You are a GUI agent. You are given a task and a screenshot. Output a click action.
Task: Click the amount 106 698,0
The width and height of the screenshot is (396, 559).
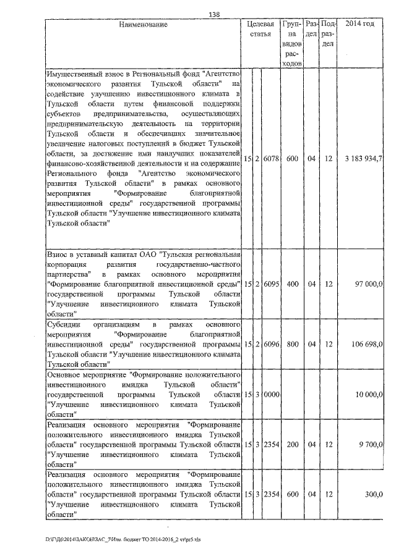pyautogui.click(x=367, y=343)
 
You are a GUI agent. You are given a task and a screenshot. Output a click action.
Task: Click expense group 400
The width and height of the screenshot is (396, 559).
pyautogui.click(x=293, y=284)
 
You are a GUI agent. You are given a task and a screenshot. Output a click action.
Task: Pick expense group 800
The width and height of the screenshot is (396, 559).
pyautogui.click(x=293, y=343)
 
